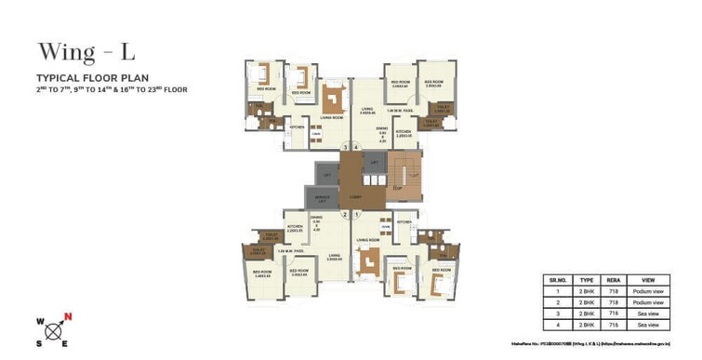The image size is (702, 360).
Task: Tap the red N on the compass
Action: pyautogui.click(x=68, y=317)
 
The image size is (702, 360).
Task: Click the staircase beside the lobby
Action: pyautogui.click(x=402, y=177)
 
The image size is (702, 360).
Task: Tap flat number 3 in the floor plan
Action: pyautogui.click(x=344, y=147)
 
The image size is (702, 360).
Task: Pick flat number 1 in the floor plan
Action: pyautogui.click(x=356, y=215)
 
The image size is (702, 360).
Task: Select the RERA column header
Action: pyautogui.click(x=614, y=277)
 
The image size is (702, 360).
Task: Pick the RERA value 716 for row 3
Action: pyautogui.click(x=614, y=313)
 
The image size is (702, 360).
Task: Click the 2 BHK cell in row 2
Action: pyautogui.click(x=586, y=301)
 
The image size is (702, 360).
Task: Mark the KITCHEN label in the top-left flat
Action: pyautogui.click(x=297, y=127)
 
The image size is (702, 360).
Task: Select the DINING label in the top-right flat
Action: pyautogui.click(x=382, y=128)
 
